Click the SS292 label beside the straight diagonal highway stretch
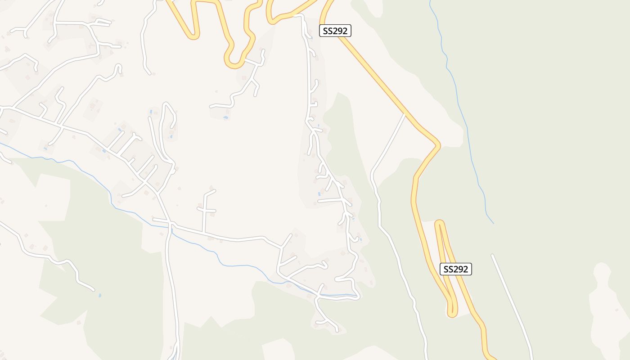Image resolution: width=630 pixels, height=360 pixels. click(x=335, y=31)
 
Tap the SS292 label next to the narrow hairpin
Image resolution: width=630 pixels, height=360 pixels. click(x=455, y=269)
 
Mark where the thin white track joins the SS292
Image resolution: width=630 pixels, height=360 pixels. click(x=405, y=114)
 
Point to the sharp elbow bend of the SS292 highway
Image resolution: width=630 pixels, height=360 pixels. click(x=438, y=144)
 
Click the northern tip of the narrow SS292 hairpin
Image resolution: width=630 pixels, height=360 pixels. click(x=440, y=222)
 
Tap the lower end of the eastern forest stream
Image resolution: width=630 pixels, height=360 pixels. click(x=493, y=223)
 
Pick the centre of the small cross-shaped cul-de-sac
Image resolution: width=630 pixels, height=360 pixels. click(x=206, y=210)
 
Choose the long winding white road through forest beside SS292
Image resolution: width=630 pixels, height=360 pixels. click(x=396, y=252)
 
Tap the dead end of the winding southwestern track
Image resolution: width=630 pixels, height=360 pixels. click(x=93, y=289)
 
